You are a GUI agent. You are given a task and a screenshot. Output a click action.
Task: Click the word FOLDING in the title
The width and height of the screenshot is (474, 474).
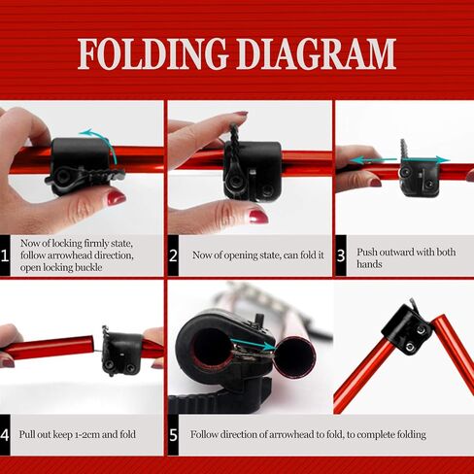point(152,53)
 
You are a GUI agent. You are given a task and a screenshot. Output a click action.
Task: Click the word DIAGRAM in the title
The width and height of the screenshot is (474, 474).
point(316,53)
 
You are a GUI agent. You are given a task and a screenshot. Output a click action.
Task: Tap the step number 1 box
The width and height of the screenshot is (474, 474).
point(5,255)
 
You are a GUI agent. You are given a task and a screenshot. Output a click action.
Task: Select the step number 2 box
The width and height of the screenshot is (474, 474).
point(173,255)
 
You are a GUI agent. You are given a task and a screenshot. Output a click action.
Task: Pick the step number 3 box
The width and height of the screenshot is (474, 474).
point(341,255)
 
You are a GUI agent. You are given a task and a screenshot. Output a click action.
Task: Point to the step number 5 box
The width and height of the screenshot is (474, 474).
point(173,435)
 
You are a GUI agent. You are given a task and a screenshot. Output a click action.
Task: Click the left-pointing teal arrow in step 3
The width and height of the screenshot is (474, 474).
point(374,160)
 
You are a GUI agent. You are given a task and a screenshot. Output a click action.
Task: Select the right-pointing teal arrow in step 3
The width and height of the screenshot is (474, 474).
point(425,159)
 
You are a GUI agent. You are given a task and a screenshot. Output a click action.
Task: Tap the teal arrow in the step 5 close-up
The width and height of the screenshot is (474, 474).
point(253,345)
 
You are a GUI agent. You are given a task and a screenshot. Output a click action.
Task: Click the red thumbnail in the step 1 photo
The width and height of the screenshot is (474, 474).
point(117,198)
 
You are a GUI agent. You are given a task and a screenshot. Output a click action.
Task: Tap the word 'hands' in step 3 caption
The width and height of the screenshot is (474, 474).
point(369,264)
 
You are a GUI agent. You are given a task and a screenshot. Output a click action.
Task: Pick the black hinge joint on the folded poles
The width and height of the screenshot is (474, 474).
point(407,329)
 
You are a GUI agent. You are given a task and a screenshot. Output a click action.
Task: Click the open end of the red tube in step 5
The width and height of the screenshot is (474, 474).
point(295,357)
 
